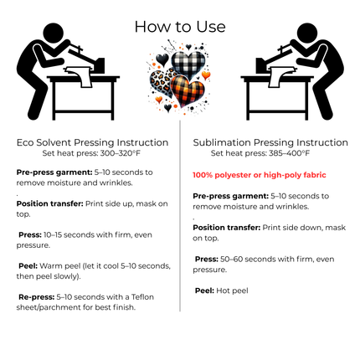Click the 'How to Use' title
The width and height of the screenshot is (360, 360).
tap(180, 27)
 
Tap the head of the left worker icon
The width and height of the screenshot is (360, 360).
tap(53, 33)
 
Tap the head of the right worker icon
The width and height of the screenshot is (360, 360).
tap(307, 33)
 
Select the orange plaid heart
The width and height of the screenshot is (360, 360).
tap(188, 90)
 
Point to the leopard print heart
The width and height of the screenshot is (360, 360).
tap(162, 83)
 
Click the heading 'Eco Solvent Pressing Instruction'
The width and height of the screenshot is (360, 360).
tap(92, 142)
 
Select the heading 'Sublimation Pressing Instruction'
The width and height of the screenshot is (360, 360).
tap(270, 142)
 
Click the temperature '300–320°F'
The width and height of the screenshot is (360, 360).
tap(120, 153)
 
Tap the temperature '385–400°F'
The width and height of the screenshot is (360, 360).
tap(289, 153)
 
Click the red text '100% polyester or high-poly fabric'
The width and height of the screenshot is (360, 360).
tap(260, 175)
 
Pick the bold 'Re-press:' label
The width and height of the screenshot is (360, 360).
tap(37, 297)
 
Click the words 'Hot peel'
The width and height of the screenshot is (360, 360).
tap(232, 291)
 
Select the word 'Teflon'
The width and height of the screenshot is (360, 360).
tap(142, 297)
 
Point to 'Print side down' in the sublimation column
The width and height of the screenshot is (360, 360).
tap(292, 228)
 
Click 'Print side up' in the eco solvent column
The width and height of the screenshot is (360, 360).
tap(110, 203)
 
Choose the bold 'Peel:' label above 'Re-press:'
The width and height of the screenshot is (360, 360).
tap(28, 266)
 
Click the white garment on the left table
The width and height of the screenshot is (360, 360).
tap(80, 76)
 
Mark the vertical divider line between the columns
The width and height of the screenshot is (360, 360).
tap(180, 216)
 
